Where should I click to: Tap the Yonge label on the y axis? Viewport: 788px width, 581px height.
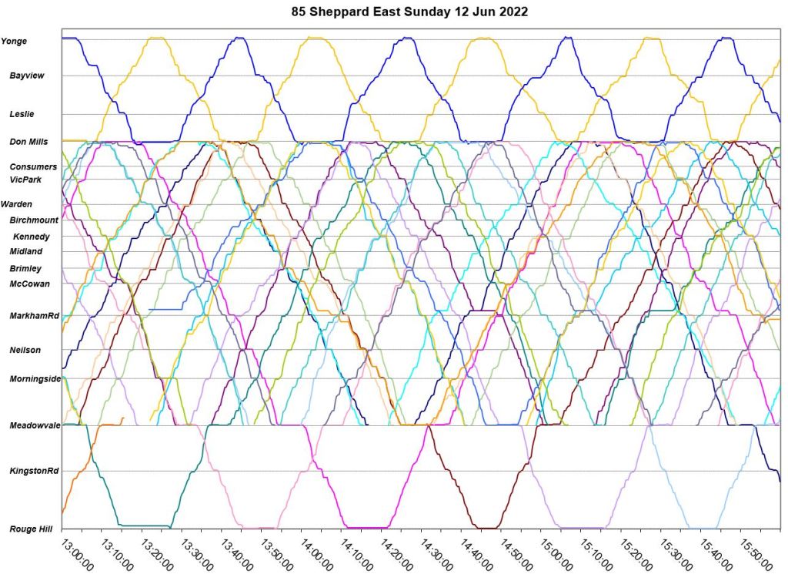[x=14, y=42]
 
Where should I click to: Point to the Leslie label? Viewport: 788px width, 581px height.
[x=21, y=114]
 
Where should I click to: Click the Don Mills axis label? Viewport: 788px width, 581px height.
[x=28, y=142]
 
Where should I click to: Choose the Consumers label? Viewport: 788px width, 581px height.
[x=33, y=166]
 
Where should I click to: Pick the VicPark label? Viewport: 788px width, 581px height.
[x=26, y=180]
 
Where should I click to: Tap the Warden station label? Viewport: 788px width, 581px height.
[x=17, y=204]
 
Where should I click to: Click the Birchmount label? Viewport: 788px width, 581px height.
[x=34, y=220]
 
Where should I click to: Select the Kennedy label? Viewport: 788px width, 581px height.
[x=32, y=237]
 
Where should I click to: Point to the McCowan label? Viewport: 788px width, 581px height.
[x=29, y=284]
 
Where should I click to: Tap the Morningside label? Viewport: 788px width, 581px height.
[x=35, y=378]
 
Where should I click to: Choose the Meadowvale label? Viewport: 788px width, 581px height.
[x=30, y=425]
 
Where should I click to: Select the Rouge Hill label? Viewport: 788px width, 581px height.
[x=31, y=529]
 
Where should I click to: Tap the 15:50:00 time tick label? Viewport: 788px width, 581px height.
[x=755, y=554]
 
